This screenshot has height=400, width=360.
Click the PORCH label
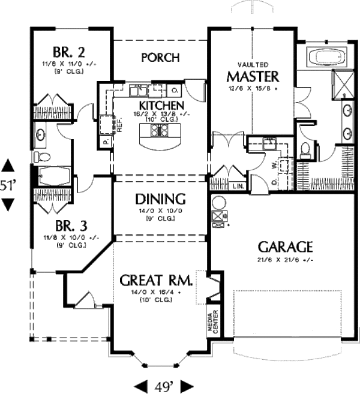click(x=160, y=58)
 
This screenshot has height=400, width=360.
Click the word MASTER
click(x=253, y=77)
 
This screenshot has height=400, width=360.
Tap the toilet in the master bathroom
click(x=305, y=149)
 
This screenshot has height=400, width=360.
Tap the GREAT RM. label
click(x=155, y=280)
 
